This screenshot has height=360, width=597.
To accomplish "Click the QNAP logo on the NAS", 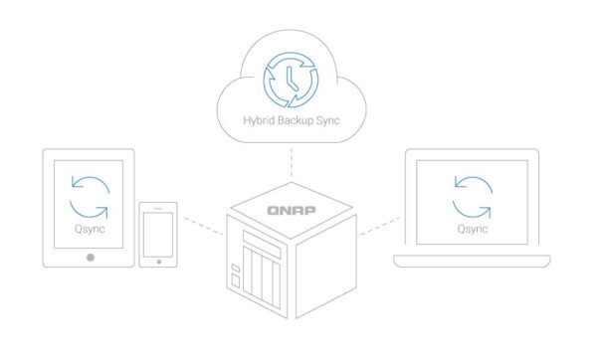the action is coord(292,211).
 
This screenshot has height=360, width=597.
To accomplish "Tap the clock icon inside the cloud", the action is coord(291,80).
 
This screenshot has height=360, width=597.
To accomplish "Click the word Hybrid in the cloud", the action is coord(259,120).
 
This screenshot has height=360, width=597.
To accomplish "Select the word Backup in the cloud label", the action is coord(297,121).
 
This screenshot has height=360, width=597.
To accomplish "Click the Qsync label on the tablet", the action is coord(90,229).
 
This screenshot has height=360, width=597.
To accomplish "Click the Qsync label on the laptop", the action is coord(473,229).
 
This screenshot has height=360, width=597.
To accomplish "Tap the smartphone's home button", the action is coord(159,262).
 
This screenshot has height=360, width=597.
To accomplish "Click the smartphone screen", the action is coord(158,235).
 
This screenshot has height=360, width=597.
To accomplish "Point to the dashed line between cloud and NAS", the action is coord(292,162).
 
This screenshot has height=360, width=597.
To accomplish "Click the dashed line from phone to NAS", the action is coord(204,226).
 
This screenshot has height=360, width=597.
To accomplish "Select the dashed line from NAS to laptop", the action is coord(380,226).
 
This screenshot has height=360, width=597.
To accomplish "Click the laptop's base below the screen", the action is coord(472,262).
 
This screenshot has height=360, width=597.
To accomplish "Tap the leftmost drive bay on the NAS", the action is coord(248,270).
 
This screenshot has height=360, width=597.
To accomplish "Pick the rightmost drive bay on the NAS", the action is coord(277,285).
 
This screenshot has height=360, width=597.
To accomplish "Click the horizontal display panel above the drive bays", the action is coord(262,244).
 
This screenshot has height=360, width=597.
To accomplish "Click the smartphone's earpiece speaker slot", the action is coord(158,208).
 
